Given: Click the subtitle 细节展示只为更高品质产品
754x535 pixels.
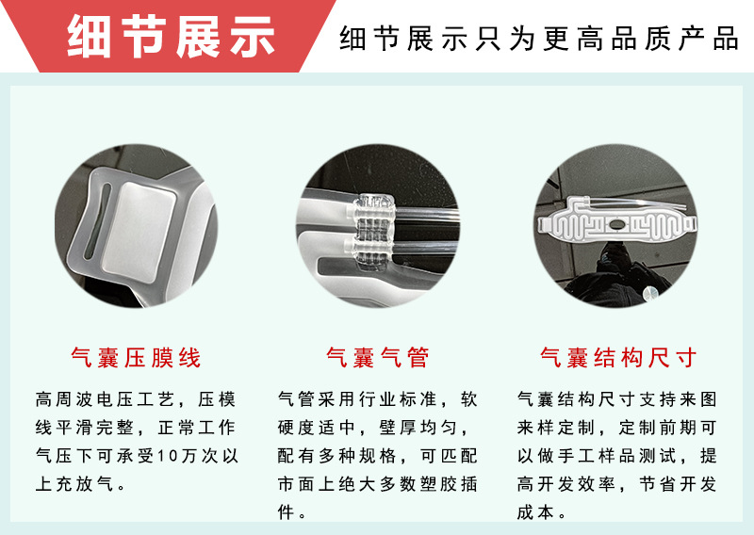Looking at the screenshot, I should tap(538, 39).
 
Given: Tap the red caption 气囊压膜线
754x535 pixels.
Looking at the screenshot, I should tap(136, 358).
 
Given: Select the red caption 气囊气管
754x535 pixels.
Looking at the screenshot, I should tap(377, 358).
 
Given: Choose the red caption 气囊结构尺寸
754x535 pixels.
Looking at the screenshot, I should tap(618, 358).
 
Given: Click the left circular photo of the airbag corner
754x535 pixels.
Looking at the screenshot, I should tap(136, 232).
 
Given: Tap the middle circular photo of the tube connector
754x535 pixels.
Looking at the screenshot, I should tap(377, 232).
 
